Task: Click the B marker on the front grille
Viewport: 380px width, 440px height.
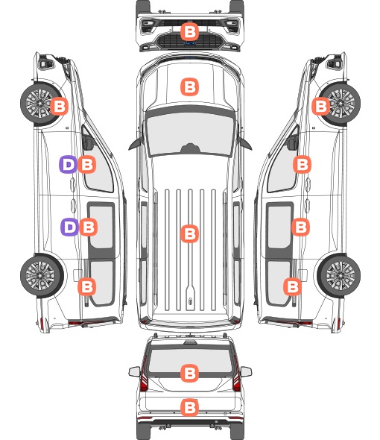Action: [189, 32]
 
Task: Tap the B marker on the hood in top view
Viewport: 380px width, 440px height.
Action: [189, 87]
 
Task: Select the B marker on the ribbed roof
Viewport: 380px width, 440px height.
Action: [189, 233]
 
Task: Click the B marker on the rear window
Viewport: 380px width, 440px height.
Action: [189, 373]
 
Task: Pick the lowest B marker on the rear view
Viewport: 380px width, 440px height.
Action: [189, 407]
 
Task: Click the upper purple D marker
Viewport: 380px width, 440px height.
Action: [68, 164]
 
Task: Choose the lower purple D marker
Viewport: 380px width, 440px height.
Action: [70, 227]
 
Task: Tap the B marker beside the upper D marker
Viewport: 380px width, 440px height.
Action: [86, 164]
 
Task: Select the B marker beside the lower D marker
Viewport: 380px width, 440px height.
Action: [89, 227]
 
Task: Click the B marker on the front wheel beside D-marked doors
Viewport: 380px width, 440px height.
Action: [59, 107]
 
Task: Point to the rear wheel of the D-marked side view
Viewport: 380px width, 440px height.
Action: [42, 275]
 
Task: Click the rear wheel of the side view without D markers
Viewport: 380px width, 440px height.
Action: [340, 275]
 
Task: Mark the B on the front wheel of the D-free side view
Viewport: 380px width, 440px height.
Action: [321, 106]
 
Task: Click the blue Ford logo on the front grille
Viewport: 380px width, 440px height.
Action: [190, 43]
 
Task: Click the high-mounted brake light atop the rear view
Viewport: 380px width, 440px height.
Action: [190, 342]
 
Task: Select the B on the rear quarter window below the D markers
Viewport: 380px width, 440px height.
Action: [86, 286]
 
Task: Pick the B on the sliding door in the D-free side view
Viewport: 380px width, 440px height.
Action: [300, 227]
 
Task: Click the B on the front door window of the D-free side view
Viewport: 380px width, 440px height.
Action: [302, 164]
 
